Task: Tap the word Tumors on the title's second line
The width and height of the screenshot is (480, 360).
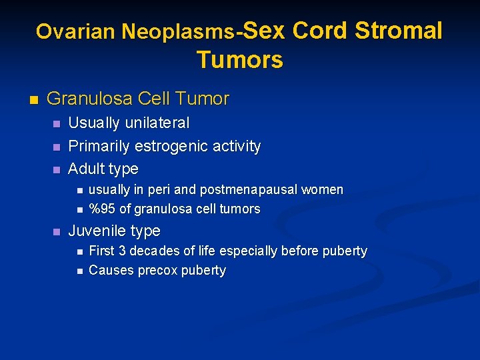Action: pos(240,60)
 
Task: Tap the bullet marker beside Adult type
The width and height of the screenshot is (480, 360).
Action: pos(56,169)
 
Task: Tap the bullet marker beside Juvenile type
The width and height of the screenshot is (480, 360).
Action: pos(56,232)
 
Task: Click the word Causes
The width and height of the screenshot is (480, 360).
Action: pos(110,270)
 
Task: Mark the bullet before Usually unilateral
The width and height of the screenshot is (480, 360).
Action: pos(56,124)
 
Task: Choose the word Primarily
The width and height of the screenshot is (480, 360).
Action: pos(99,146)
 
